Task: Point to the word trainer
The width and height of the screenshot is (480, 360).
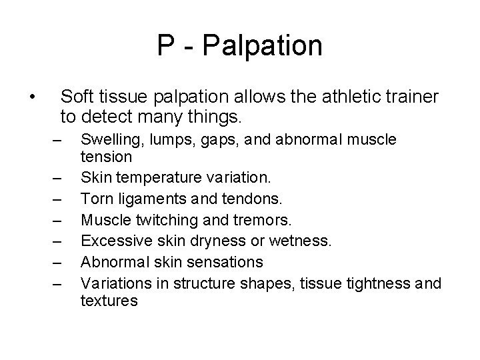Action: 408,97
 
